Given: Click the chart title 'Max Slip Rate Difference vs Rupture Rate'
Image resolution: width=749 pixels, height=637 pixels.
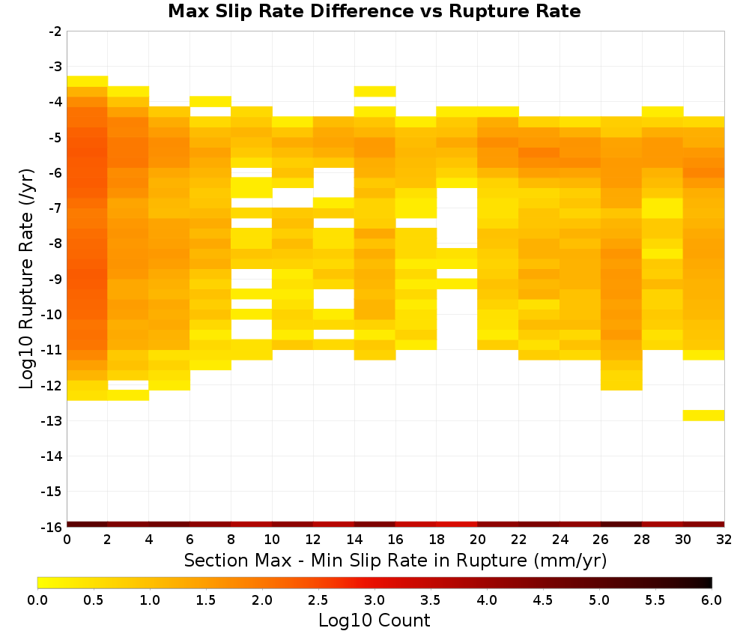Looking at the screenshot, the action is tap(374, 11).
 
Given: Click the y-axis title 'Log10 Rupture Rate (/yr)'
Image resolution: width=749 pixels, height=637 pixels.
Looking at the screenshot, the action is tap(26, 279).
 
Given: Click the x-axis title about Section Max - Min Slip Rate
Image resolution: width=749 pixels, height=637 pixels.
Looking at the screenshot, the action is tap(395, 560).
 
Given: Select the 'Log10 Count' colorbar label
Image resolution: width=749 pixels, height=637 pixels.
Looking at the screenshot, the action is tap(374, 621).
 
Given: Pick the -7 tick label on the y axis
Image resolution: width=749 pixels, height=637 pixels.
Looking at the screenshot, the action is tap(55, 208).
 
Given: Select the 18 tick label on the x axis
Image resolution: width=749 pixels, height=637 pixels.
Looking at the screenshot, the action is tap(437, 540).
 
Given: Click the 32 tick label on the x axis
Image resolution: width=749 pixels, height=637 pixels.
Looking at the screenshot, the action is tap(724, 540).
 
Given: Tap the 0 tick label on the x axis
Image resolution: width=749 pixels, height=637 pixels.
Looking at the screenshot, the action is tap(67, 540).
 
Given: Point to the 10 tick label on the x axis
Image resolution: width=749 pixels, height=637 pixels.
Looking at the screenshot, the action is tap(272, 540).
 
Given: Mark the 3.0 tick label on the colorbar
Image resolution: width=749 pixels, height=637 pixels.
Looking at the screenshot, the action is tap(374, 600).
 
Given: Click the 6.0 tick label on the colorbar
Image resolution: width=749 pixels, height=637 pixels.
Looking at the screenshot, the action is tap(712, 600).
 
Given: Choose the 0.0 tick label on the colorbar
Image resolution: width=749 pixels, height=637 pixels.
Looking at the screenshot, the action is tap(37, 600).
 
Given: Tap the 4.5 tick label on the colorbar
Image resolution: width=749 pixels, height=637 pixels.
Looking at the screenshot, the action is tap(542, 600).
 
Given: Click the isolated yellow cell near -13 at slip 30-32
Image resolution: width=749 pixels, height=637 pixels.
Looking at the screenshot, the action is tap(703, 415).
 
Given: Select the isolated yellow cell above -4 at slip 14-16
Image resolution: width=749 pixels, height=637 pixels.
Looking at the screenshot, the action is tap(375, 91).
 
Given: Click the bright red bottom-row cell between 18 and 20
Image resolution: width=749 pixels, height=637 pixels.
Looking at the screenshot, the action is tap(457, 525).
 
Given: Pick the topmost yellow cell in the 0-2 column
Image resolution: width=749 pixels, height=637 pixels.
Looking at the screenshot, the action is tap(88, 81).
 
